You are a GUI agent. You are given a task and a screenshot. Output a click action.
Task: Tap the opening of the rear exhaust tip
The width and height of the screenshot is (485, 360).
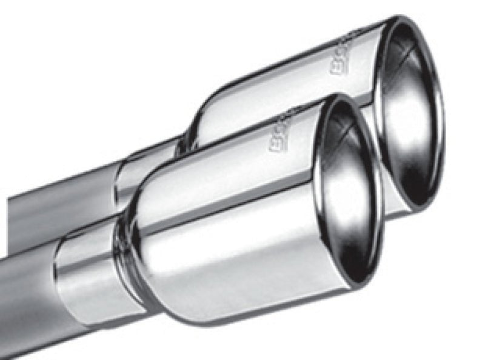412,115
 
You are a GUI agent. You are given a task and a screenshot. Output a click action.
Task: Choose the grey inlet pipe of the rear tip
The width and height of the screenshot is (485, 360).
61,206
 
